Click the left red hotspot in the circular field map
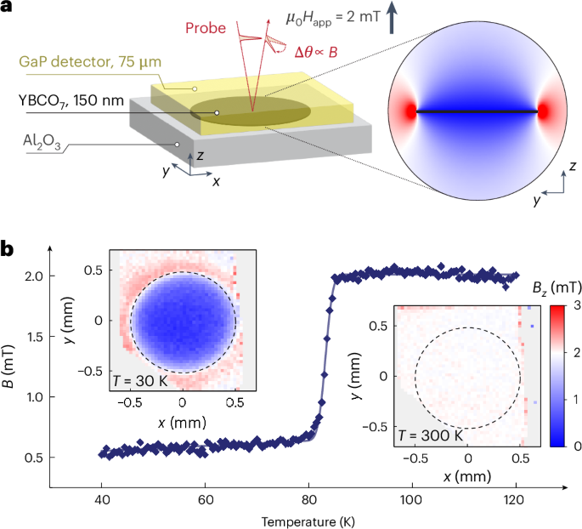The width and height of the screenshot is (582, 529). click(410, 112)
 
